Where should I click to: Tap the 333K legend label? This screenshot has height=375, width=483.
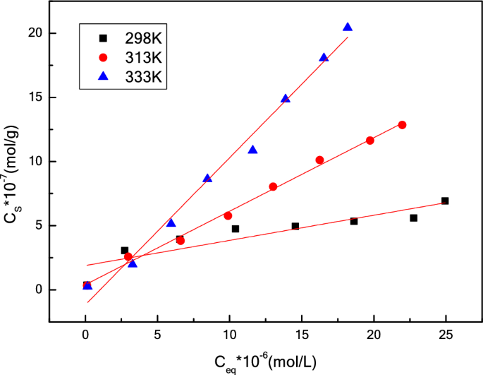point(145,77)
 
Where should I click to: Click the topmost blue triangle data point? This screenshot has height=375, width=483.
point(348,27)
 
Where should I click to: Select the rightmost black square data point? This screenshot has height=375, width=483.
point(445,201)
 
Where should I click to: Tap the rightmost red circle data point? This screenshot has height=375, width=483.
point(402,125)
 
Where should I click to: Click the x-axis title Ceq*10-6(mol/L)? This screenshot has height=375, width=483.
point(266,362)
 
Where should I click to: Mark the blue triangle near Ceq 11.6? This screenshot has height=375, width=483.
point(252,150)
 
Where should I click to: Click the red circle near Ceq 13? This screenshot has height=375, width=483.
point(273,187)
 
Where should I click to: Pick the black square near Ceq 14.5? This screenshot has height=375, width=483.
point(295,226)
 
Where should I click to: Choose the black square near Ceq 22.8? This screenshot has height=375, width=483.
point(414,218)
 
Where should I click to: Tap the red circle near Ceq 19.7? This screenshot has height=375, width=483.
point(370,141)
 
